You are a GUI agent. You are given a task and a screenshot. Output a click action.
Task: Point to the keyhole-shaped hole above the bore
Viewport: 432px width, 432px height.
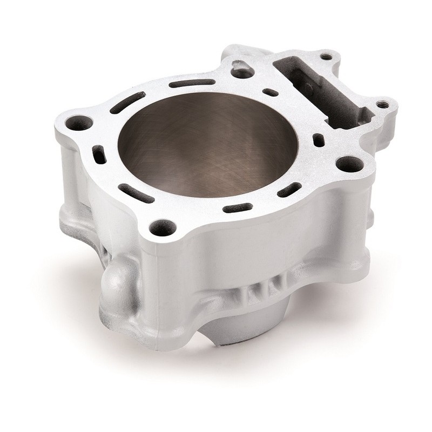click(x=241, y=69)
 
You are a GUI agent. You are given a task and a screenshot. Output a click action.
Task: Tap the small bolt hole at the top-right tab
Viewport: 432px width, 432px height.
click(x=326, y=56)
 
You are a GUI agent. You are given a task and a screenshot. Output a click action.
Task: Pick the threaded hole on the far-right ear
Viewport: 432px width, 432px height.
click(x=384, y=104)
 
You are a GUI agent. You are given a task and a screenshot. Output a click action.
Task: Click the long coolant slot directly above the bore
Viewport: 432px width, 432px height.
click(x=192, y=83)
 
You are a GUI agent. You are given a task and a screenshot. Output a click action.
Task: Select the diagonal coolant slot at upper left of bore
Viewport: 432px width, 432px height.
click(x=127, y=102)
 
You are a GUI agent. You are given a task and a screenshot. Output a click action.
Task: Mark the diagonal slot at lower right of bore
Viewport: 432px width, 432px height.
click(x=289, y=190)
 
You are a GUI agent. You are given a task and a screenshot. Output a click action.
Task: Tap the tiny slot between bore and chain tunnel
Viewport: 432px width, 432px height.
click(x=271, y=92)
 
